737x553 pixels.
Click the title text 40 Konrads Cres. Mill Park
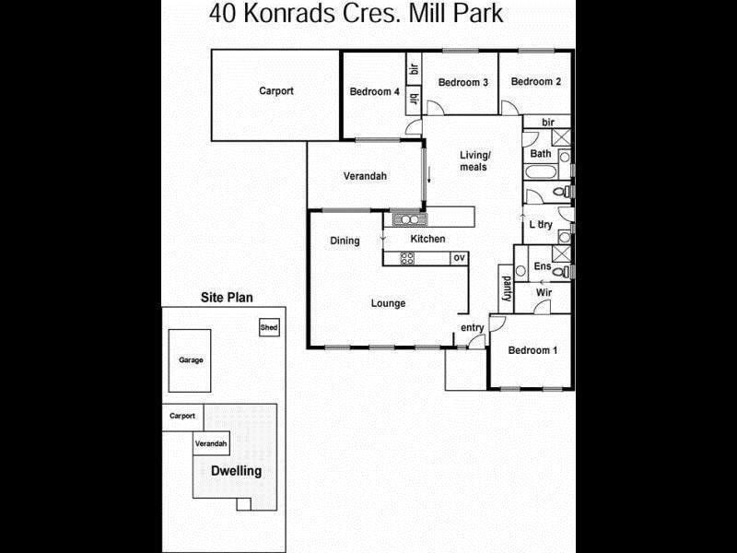click(356, 14)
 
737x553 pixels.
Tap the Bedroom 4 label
click(375, 91)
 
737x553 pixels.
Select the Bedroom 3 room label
click(463, 82)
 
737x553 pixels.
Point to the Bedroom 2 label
click(536, 81)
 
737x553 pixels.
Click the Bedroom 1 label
click(532, 350)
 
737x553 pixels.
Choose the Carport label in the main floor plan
click(276, 91)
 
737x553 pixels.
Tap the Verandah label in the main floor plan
click(365, 176)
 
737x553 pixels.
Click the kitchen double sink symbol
click(410, 219)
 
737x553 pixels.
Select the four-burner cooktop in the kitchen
click(407, 258)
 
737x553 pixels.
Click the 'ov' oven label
click(459, 258)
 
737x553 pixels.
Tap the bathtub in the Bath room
click(541, 171)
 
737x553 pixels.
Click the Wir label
click(544, 292)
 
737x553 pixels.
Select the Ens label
click(543, 266)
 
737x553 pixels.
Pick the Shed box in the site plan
click(269, 327)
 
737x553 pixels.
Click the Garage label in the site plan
click(191, 360)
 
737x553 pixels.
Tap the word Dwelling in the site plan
click(237, 471)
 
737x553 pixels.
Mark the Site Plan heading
click(227, 297)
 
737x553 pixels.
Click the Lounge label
click(388, 303)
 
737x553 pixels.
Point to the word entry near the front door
click(473, 328)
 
